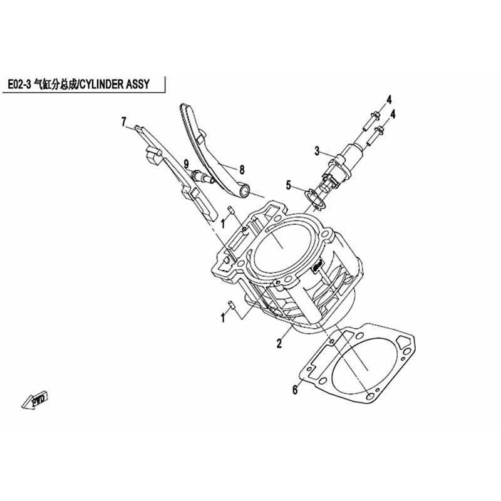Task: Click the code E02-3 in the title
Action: pos(19,85)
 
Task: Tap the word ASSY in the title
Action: pos(138,85)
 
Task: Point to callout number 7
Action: pos(123,121)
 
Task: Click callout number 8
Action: pos(242,170)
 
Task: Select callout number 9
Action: pos(186,165)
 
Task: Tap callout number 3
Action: pos(317,151)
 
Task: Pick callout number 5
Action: pos(289,185)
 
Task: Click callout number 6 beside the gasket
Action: pos(294,390)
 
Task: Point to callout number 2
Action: pos(279,344)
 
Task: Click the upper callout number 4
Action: pos(388,100)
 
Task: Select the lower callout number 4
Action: pos(393,114)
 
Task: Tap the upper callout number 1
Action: pos(223,224)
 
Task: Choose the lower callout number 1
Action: pos(223,318)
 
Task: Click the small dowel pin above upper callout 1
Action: pos(230,211)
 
